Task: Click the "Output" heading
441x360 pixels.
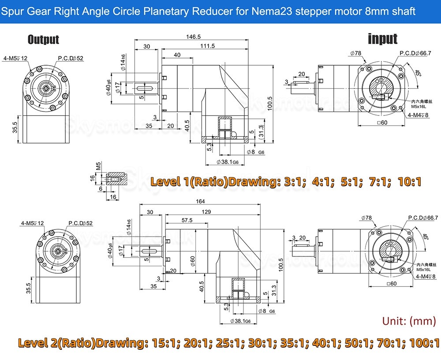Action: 43,40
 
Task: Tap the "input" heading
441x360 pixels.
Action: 382,39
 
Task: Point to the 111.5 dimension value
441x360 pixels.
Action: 207,46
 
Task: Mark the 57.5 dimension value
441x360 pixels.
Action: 187,220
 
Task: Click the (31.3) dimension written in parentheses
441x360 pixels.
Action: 262,131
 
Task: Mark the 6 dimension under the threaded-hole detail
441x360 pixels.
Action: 100,189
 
